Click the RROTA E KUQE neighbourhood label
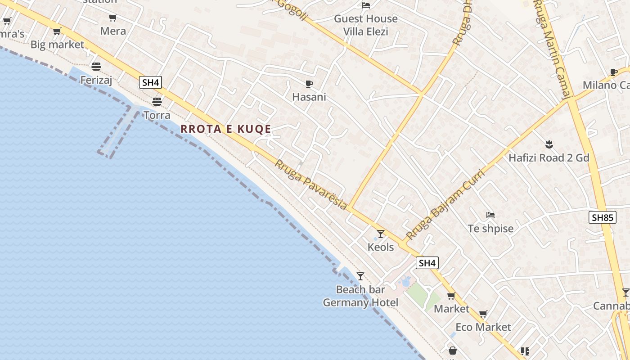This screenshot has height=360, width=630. tap(226, 129)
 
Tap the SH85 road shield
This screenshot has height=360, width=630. tap(602, 218)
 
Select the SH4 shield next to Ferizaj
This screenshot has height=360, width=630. tap(151, 82)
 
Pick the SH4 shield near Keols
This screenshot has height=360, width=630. tap(427, 263)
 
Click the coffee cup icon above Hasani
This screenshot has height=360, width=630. tap(309, 84)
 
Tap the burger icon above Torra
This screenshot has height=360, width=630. tap(157, 101)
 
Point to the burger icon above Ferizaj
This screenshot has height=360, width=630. tap(96, 67)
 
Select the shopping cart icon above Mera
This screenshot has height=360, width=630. tap(112, 18)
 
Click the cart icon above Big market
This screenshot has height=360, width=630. tap(57, 31)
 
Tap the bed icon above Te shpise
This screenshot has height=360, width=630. tap(490, 215)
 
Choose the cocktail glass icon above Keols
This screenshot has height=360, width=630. tap(381, 234)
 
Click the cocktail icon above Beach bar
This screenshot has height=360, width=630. tap(360, 276)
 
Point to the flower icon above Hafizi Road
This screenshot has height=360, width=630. tap(549, 144)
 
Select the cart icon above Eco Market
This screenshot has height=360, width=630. tap(483, 314)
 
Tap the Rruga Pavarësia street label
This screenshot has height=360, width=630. tap(310, 184)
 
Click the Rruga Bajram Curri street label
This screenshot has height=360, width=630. tap(445, 205)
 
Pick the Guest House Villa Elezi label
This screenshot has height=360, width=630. tap(366, 25)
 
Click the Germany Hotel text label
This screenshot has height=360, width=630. tap(360, 302)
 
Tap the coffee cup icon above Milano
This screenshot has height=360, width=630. tap(613, 72)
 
